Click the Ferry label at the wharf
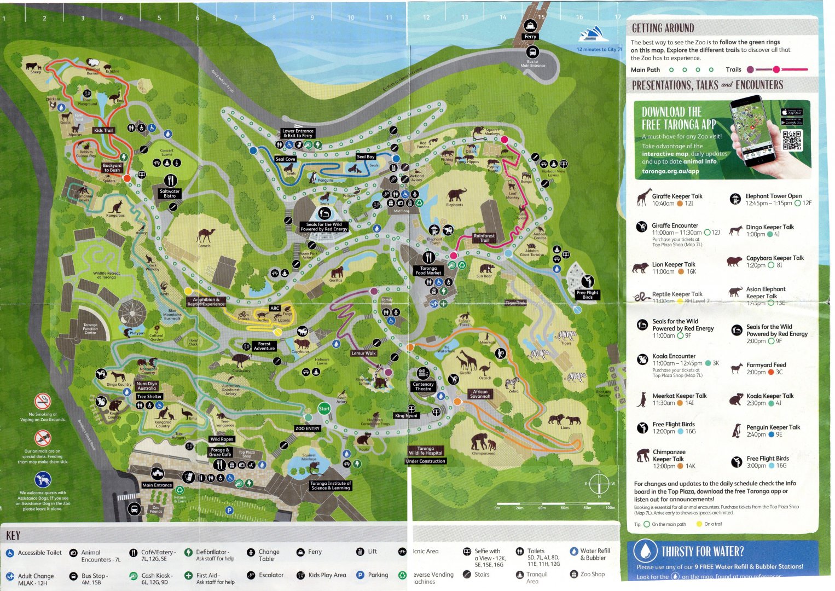click(x=530, y=37)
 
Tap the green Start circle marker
click(x=324, y=409)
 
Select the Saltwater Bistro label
click(x=170, y=193)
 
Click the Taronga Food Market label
click(x=428, y=270)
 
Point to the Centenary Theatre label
click(x=423, y=386)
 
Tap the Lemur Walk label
click(x=363, y=354)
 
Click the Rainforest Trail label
click(x=484, y=237)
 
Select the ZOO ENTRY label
click(x=307, y=428)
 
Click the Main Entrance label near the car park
click(x=157, y=485)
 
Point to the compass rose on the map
click(x=599, y=484)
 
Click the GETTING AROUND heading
click(x=663, y=28)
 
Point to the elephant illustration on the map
click(x=456, y=195)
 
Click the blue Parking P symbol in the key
click(x=360, y=575)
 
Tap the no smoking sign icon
click(x=43, y=401)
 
